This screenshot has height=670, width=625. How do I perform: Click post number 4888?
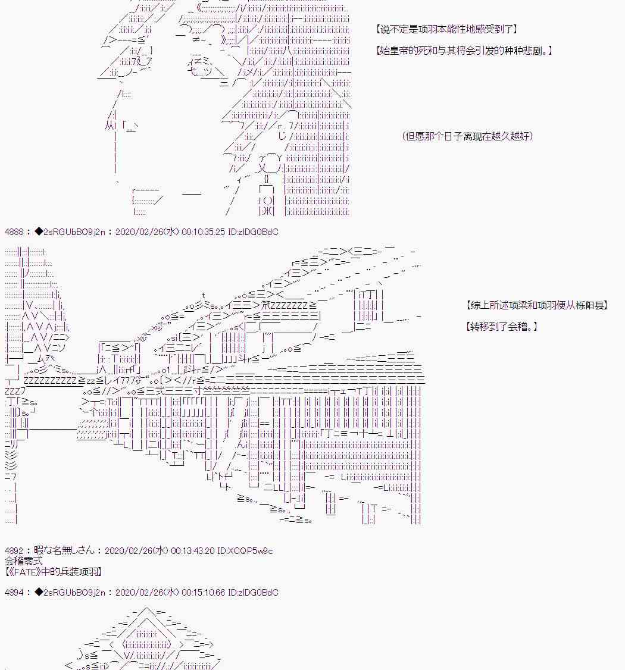tap(14, 232)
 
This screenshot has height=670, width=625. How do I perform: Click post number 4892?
tap(14, 551)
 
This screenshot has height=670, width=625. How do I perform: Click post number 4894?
tap(14, 593)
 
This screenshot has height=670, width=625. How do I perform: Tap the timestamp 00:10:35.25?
tap(203, 232)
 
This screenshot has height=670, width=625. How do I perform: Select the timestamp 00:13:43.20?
tap(192, 551)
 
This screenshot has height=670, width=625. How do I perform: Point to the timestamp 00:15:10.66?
tap(203, 593)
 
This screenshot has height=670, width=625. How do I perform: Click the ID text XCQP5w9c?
tap(245, 551)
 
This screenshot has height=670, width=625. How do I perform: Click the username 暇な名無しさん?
tap(64, 550)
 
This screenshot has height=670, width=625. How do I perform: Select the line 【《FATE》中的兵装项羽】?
tap(54, 572)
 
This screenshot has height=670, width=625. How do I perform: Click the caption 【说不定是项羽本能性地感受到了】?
tap(447, 29)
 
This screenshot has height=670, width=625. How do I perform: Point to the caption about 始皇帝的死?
tap(464, 51)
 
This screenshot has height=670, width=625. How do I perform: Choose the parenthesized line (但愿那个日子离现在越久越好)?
tap(468, 136)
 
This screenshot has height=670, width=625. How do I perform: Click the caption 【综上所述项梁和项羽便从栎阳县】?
tap(537, 305)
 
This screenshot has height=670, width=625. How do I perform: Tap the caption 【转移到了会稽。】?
tap(501, 327)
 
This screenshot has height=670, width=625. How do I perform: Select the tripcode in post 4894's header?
tap(70, 593)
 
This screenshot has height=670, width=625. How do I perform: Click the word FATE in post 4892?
tap(28, 572)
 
